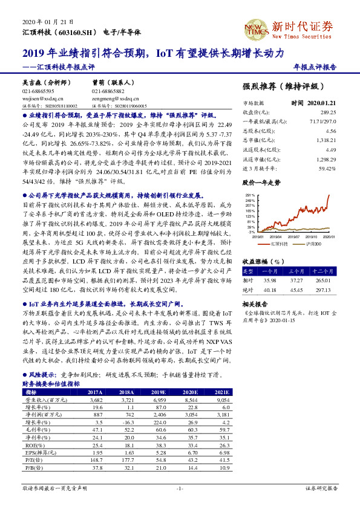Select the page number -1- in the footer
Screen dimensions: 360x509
pyautogui.click(x=179, y=487)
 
